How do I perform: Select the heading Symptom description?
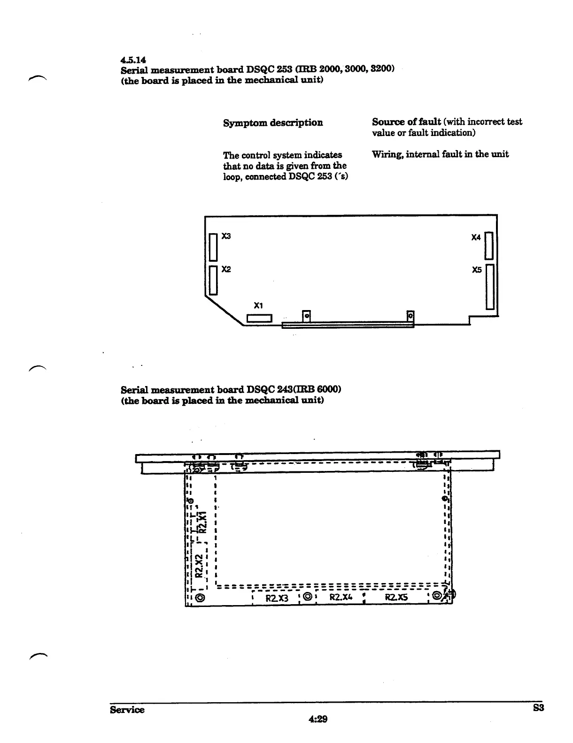(273, 123)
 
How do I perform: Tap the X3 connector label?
(226, 236)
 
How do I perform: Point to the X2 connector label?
(226, 269)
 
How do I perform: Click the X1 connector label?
(258, 305)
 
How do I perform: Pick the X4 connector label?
(476, 238)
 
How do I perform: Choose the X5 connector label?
(477, 270)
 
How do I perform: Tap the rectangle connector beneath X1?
(260, 318)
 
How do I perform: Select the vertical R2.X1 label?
(203, 523)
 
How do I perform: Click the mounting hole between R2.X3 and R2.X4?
(308, 597)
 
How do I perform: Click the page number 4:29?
(317, 719)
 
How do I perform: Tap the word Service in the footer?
(127, 710)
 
